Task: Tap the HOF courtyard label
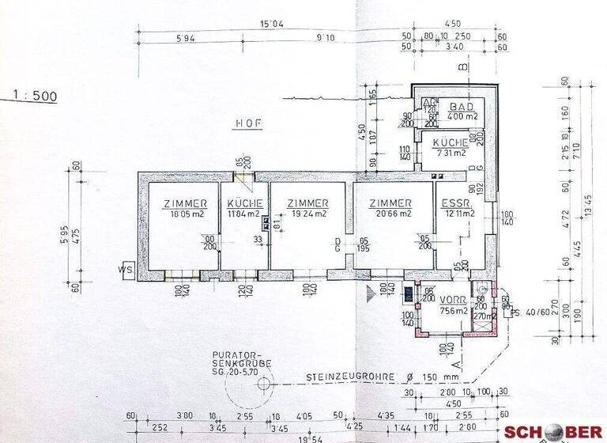(x=247, y=123)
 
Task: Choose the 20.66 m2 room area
(x=393, y=214)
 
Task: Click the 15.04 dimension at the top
(x=273, y=25)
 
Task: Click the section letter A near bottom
(x=458, y=363)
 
